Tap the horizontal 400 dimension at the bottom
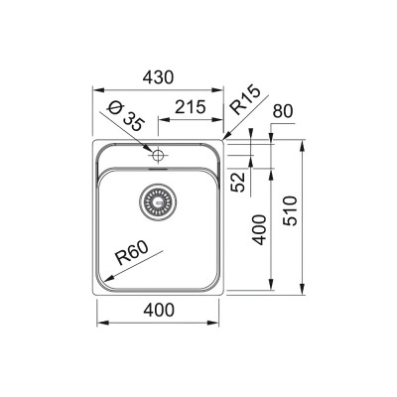click(x=159, y=309)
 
